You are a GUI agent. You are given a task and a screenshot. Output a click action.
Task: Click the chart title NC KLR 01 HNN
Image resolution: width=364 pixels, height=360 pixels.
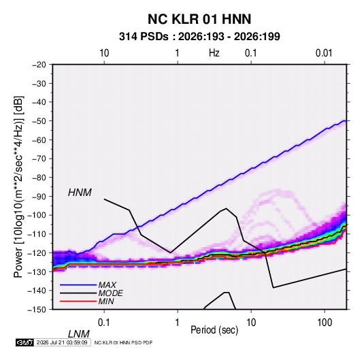(x=199, y=19)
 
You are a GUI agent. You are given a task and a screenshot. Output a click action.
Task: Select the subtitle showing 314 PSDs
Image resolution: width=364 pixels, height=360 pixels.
(x=199, y=37)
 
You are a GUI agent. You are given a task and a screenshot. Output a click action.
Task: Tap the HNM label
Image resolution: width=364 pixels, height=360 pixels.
(x=80, y=193)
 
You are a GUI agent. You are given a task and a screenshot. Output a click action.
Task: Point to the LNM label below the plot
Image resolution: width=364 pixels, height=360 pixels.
(x=79, y=334)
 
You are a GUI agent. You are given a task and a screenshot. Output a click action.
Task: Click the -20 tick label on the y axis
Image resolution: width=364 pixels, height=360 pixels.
(x=39, y=65)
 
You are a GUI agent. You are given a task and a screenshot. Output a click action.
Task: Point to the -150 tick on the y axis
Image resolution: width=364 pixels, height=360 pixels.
(x=37, y=310)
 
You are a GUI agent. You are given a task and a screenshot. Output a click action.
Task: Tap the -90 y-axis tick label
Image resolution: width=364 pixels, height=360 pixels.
(x=39, y=196)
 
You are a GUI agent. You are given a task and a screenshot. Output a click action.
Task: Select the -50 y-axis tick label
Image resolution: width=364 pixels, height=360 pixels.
(x=39, y=120)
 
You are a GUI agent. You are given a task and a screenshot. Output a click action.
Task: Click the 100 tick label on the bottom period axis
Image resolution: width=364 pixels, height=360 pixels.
(x=325, y=323)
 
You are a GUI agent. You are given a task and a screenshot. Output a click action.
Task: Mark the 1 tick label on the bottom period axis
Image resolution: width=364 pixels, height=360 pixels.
(x=178, y=323)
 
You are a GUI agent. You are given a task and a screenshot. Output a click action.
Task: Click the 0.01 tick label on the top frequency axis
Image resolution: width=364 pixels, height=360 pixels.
(x=324, y=53)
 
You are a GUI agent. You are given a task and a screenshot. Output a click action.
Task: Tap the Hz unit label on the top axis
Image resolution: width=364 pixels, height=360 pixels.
(x=214, y=53)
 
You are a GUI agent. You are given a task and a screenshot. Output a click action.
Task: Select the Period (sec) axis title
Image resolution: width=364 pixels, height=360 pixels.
(x=214, y=330)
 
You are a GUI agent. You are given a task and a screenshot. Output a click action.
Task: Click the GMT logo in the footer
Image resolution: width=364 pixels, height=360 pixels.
(x=24, y=342)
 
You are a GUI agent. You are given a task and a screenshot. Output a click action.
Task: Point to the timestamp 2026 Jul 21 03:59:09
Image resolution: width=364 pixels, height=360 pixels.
(x=62, y=342)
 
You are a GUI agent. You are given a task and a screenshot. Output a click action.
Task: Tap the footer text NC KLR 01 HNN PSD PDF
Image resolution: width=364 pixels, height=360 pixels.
(x=124, y=342)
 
